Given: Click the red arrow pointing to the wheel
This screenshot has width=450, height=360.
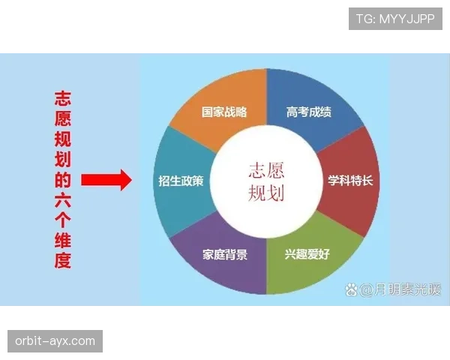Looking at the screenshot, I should click(106, 180).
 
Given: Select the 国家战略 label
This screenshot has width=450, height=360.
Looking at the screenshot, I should click(224, 112).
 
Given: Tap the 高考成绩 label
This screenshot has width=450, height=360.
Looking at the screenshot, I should click(309, 112).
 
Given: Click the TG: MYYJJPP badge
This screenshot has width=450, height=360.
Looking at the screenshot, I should click(395, 18).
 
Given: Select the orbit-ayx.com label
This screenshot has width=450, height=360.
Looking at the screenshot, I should click(56, 341).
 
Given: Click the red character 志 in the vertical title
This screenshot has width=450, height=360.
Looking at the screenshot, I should click(63, 98).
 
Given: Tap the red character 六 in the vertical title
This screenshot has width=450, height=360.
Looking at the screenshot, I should click(63, 200).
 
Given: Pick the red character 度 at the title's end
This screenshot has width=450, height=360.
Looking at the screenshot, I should click(63, 261).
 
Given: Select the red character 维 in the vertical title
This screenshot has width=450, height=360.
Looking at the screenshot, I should click(63, 241).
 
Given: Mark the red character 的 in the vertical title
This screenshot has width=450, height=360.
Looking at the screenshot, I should click(63, 180).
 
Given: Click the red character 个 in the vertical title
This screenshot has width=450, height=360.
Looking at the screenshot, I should click(63, 220).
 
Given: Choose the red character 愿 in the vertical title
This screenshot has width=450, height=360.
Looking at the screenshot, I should click(63, 118).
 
